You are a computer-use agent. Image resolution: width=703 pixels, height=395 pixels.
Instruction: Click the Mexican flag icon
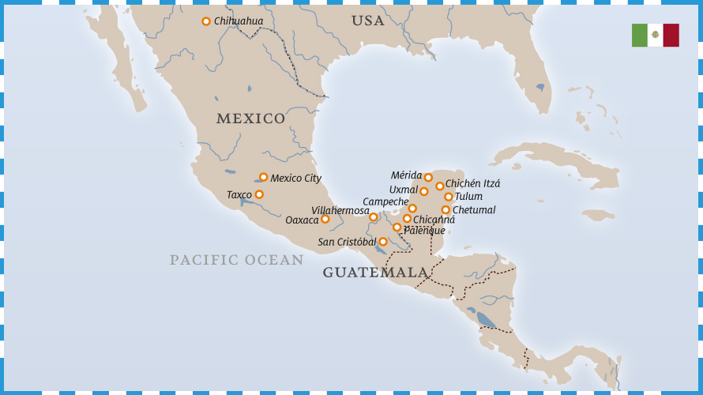[x=655, y=36]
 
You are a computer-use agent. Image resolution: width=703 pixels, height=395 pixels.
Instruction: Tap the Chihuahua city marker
[x=206, y=21]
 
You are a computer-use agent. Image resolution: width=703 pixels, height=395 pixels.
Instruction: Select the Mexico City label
[x=295, y=179]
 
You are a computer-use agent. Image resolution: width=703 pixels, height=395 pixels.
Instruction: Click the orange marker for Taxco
[x=259, y=194]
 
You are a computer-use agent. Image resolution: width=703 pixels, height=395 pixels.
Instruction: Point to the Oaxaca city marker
[x=325, y=219]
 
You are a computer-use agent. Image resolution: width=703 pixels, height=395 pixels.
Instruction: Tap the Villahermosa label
[x=340, y=211]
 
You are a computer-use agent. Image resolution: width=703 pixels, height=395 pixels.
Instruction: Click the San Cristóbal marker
[x=383, y=242]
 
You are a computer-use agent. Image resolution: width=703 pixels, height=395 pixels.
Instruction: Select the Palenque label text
[x=424, y=231]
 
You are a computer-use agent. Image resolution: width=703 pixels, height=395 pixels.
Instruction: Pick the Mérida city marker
[x=428, y=178]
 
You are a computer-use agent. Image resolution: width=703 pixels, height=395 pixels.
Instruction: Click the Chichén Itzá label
[x=472, y=183]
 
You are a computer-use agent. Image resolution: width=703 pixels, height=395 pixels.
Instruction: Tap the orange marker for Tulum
[x=449, y=197]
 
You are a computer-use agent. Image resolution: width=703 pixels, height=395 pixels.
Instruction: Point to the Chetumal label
[x=474, y=210]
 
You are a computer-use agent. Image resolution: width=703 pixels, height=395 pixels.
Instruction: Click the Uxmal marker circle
[x=424, y=191]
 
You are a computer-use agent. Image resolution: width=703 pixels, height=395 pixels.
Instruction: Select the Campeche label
[x=385, y=201]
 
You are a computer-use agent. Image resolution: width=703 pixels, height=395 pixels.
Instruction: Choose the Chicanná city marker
[x=408, y=219]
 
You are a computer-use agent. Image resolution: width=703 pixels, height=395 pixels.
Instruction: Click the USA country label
[x=368, y=21]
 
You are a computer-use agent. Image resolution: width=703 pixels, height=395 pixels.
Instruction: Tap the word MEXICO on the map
[x=250, y=118]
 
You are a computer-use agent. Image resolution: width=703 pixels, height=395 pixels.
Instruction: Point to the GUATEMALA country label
[x=375, y=273]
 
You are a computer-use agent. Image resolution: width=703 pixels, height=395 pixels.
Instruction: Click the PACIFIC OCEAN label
[x=236, y=260]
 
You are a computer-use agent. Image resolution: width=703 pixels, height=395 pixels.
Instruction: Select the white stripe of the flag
[x=655, y=36]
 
